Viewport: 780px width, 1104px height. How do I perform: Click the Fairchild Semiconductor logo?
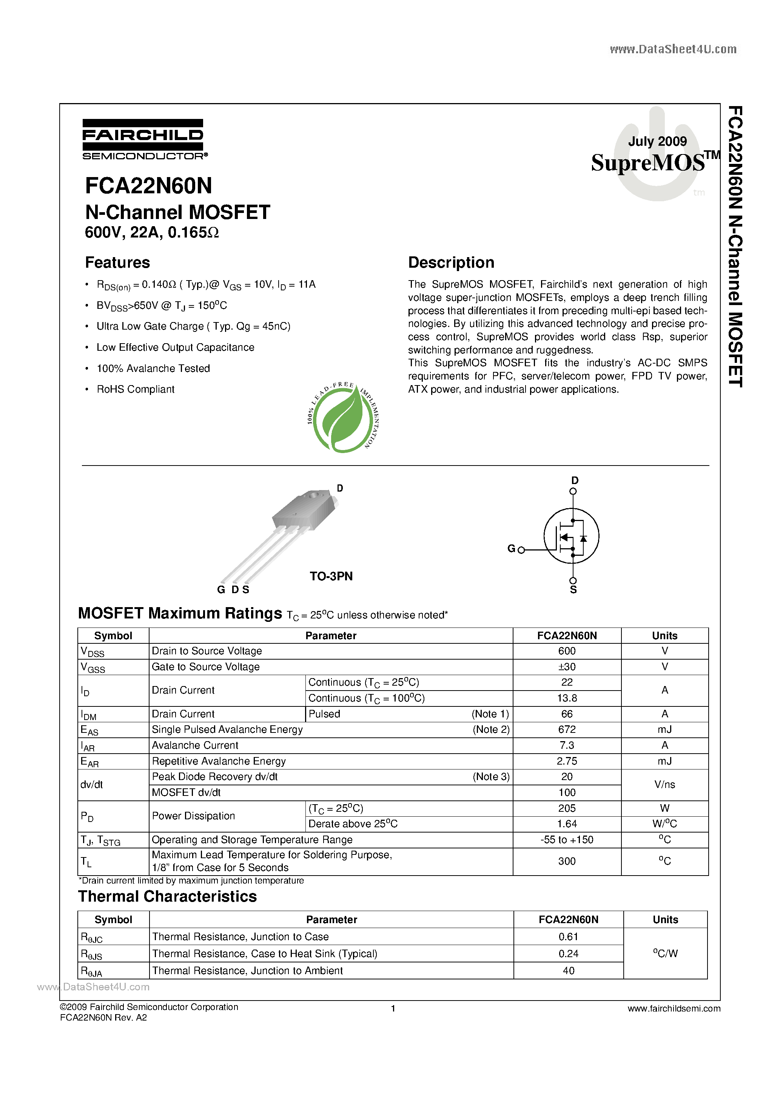144,139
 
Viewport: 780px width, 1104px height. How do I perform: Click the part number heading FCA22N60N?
149,186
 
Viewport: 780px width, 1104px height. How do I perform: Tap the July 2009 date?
657,141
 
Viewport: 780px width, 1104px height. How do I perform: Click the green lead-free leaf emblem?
342,417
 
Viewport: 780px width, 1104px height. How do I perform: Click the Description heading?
451,262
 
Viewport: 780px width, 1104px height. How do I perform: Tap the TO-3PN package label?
331,576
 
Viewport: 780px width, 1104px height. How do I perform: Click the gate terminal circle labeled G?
521,550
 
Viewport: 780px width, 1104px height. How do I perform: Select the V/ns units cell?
664,785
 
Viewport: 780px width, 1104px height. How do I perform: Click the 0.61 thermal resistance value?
569,937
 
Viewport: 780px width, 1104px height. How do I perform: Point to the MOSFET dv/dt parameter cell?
186,793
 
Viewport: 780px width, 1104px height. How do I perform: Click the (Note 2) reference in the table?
491,729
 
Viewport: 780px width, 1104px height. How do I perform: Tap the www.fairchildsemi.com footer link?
674,1009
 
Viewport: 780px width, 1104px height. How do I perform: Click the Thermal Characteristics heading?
167,897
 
